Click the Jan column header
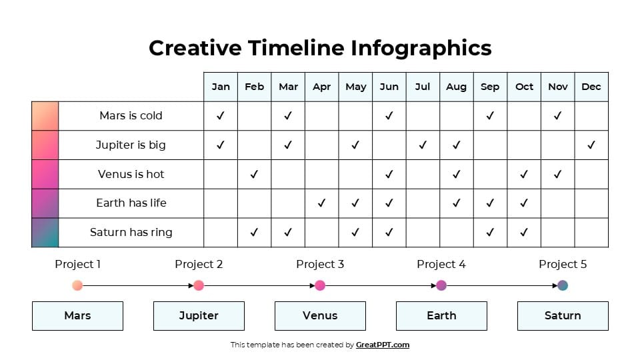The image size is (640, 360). pyautogui.click(x=221, y=87)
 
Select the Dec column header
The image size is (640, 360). pyautogui.click(x=591, y=87)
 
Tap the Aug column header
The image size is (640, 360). pyautogui.click(x=456, y=87)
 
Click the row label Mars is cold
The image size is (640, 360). pyautogui.click(x=131, y=116)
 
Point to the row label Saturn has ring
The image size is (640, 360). pyautogui.click(x=131, y=233)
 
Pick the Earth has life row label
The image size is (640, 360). pyautogui.click(x=131, y=203)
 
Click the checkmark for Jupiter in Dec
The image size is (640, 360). pyautogui.click(x=591, y=145)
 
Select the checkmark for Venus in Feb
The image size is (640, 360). pyautogui.click(x=254, y=174)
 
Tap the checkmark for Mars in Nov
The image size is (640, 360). pyautogui.click(x=557, y=115)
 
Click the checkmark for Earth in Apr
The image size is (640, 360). pyautogui.click(x=321, y=203)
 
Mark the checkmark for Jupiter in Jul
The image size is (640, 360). pyautogui.click(x=423, y=145)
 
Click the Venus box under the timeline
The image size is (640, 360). pyautogui.click(x=320, y=316)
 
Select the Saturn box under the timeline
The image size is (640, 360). pyautogui.click(x=563, y=316)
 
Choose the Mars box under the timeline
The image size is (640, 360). pyautogui.click(x=77, y=316)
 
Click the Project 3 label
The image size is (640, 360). pyautogui.click(x=320, y=265)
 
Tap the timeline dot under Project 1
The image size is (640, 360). pyautogui.click(x=77, y=286)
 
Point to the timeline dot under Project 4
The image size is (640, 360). pyautogui.click(x=441, y=286)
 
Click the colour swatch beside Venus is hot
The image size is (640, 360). pyautogui.click(x=45, y=174)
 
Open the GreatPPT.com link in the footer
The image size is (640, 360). pyautogui.click(x=383, y=345)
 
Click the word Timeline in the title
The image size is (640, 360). pyautogui.click(x=297, y=48)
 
